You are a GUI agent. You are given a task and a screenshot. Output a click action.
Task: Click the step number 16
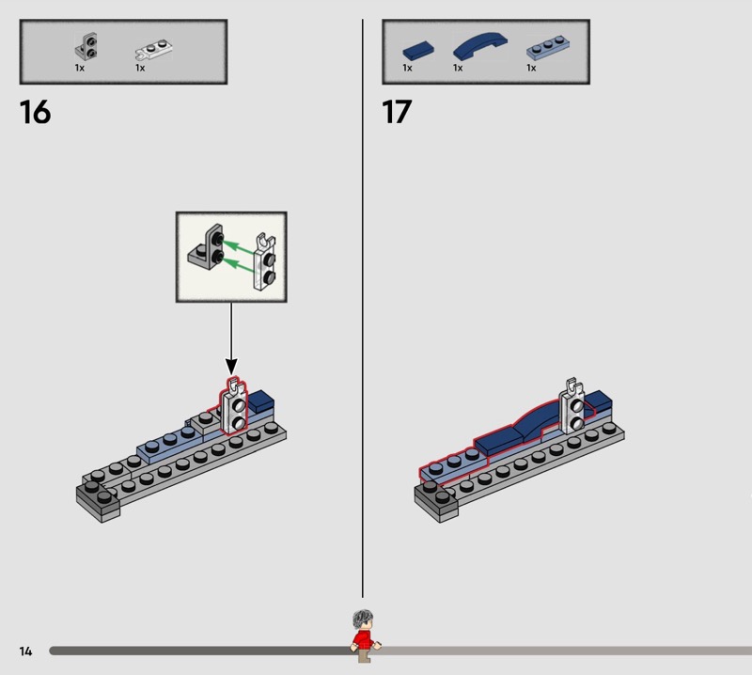click(x=35, y=112)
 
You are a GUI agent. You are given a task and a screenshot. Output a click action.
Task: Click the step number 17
click(x=397, y=112)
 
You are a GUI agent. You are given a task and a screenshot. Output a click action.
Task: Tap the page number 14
click(x=26, y=651)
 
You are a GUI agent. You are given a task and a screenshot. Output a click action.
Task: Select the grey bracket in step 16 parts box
click(x=86, y=46)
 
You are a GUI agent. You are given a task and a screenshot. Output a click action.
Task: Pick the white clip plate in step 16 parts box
click(x=154, y=50)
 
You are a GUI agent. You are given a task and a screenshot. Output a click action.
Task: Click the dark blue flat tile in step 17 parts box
click(x=418, y=50)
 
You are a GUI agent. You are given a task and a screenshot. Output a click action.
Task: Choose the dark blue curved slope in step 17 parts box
click(x=480, y=45)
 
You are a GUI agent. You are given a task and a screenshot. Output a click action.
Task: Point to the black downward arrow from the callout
click(x=231, y=338)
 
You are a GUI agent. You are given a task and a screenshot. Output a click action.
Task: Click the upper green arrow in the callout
click(x=240, y=246)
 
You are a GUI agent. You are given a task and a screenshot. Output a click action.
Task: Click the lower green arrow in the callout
click(x=240, y=264)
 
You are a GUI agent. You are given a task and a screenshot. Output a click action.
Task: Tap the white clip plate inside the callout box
click(x=264, y=262)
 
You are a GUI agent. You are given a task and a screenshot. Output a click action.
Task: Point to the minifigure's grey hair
click(x=363, y=618)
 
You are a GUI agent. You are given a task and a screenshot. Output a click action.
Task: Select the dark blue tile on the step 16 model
click(x=260, y=400)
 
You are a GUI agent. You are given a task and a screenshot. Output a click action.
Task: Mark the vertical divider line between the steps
click(x=363, y=308)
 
